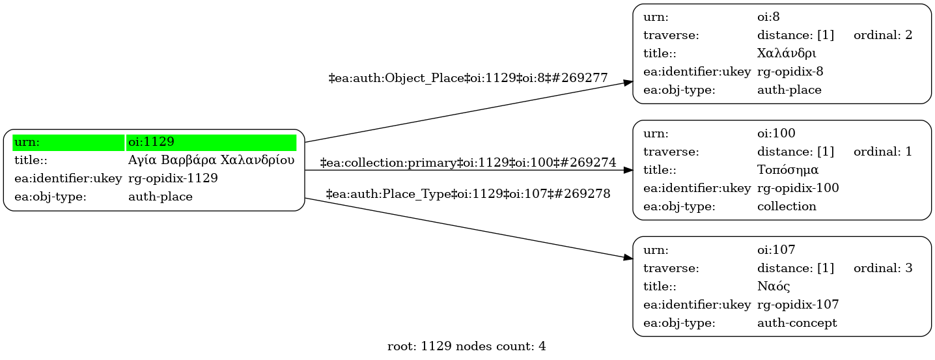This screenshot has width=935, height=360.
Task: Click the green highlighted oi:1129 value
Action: pos(151,142)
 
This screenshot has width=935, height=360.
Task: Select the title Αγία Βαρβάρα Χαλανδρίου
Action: pos(212,160)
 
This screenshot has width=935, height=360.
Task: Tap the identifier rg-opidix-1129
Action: pos(173,178)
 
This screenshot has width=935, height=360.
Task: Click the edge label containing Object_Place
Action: pos(468,78)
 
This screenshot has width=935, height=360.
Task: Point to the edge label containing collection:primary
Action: pos(468,162)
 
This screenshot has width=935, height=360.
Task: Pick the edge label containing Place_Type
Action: pos(468,194)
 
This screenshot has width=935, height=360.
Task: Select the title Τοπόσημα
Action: pos(787,170)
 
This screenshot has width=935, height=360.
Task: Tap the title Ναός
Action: pos(774,286)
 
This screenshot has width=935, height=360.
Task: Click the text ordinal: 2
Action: pos(882,35)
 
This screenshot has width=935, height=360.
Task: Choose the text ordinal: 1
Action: pos(882,152)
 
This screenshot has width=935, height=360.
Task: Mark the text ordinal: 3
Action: pos(882,268)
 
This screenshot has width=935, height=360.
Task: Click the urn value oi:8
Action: pos(768,17)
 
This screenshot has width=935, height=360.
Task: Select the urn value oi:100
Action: pos(776,133)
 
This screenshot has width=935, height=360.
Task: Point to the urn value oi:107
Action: pos(776,249)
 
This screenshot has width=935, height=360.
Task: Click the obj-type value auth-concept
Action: pos(797,323)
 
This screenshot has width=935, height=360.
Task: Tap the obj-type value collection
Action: pos(787,206)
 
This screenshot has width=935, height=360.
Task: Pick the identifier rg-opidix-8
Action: pos(794,72)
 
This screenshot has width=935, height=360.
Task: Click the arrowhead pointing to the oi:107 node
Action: pos(628,258)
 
